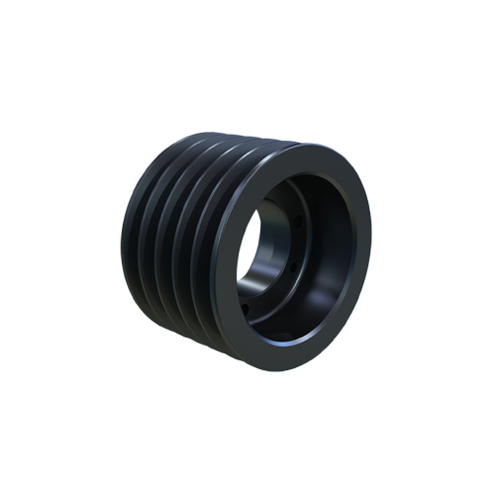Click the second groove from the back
pyautogui.click(x=154, y=237)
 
